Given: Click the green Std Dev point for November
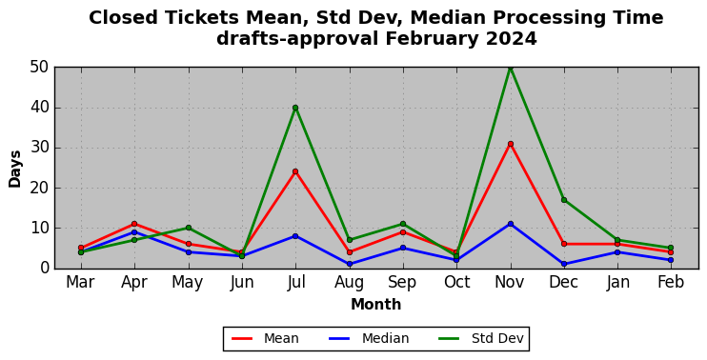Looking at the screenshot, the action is point(511,68).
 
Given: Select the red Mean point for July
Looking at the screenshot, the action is point(295,171).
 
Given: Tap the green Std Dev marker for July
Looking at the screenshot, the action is point(295,108).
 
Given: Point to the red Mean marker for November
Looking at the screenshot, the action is point(511,144).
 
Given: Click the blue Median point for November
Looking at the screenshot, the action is point(511,224).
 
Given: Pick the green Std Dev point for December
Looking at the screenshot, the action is point(564,200).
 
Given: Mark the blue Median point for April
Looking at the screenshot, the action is point(134,232).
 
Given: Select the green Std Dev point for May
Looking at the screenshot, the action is point(188,228).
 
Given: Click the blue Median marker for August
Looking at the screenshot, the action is point(350,264).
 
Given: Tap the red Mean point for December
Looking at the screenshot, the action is point(564,244).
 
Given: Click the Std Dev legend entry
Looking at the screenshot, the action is point(481,338).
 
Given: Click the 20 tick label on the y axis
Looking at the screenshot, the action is point(40,188).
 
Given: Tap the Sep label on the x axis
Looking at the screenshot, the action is point(403,283).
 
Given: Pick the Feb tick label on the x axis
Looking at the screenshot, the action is point(672,283).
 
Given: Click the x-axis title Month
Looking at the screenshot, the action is point(376,305).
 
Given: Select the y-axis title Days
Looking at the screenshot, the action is point(15,169).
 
